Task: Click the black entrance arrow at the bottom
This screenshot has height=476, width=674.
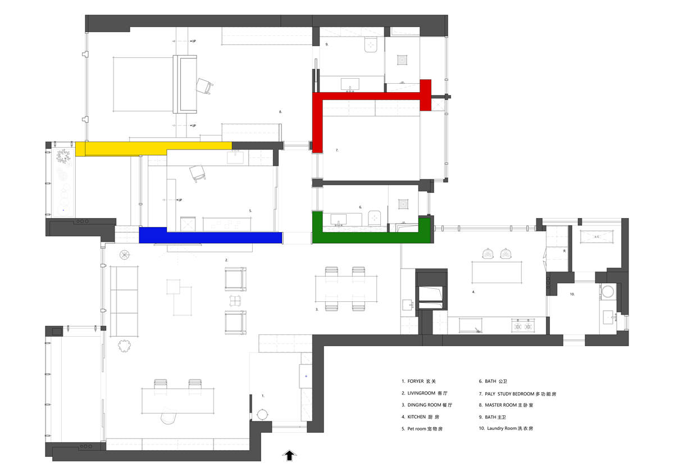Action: coord(290,455)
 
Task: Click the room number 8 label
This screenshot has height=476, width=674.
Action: coord(280,112)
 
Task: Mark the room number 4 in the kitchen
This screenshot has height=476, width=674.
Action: coord(473,292)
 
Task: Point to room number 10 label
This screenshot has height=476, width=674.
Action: coord(572,294)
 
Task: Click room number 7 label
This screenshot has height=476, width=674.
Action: coord(336,151)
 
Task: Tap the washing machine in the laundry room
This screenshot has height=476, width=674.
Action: coord(608,292)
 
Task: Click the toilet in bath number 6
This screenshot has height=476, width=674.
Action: coord(375,218)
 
